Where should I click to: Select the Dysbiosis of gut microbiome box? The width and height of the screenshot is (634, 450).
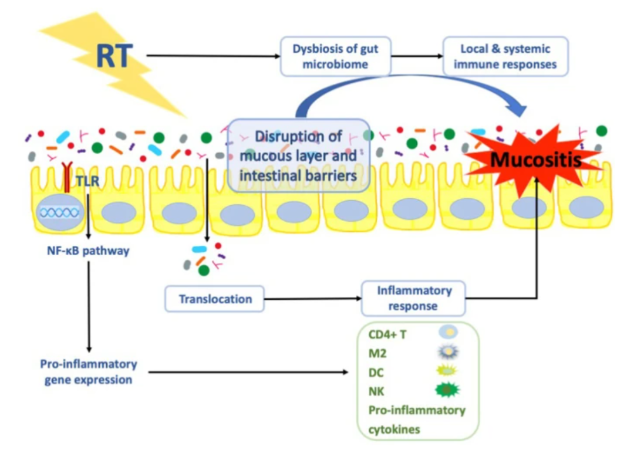point(335,56)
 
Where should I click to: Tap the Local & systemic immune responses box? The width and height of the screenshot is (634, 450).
point(505,56)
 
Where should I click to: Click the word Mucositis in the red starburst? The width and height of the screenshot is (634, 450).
point(536,159)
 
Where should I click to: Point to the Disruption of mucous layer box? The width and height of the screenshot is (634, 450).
point(298,155)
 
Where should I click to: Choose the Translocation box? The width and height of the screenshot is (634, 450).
point(215,299)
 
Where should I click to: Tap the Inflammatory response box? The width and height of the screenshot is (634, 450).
point(414,298)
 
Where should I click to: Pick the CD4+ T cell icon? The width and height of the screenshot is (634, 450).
point(448,333)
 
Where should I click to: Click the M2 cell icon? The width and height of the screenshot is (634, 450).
point(448,352)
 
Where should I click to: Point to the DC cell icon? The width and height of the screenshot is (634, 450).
point(448,371)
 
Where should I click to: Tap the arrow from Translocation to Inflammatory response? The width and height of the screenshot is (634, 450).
point(311,299)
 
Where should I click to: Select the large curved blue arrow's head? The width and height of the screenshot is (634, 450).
point(515,106)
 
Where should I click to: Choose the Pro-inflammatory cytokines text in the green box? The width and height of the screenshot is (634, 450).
point(417,419)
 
